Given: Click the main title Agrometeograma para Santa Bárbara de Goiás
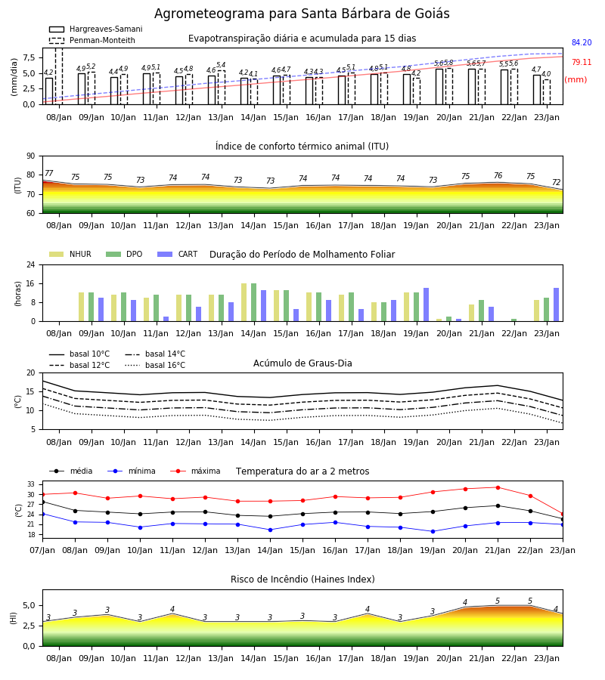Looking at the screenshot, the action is click(302, 14).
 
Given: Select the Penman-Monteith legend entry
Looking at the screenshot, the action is click(92, 40).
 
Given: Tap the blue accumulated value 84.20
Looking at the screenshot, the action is click(582, 42).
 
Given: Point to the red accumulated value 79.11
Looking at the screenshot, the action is click(582, 62).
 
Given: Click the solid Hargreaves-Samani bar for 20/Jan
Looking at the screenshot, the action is click(439, 87).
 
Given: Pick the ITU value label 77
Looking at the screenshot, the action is click(49, 174).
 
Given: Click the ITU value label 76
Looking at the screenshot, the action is click(498, 175).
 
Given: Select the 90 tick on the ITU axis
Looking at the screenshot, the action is click(31, 156).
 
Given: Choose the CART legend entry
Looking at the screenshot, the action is click(178, 254).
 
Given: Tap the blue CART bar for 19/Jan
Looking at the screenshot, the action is click(427, 304).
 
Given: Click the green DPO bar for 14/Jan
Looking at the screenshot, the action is click(254, 302).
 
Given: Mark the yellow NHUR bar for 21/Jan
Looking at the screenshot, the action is click(472, 313).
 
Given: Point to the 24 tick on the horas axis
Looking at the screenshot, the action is click(31, 264).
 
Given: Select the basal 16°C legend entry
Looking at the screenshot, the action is click(155, 365).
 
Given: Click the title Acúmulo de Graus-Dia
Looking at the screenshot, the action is click(302, 363).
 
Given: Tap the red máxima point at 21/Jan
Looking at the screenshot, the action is click(498, 487).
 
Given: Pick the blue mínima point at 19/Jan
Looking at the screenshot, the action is click(433, 531).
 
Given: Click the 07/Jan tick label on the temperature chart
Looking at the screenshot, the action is click(42, 550).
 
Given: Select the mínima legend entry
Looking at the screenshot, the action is click(132, 471).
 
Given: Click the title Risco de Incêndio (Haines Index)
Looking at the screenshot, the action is click(302, 580).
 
